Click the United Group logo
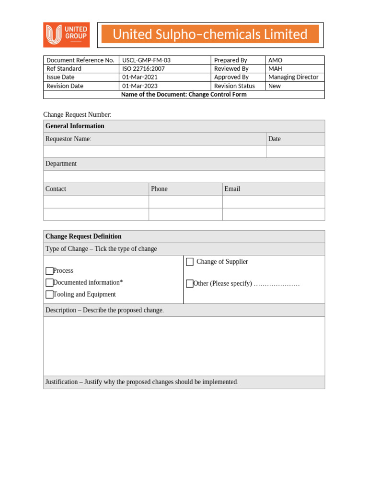pos(66,35)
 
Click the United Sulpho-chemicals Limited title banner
pos(210,34)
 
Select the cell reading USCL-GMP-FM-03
pos(146,60)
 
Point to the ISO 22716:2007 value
pos(143,69)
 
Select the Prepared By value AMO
pos(276,60)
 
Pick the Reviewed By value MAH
pos(276,69)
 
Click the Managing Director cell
pos(293,78)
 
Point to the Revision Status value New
pos(275,86)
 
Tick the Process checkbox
pos(49,271)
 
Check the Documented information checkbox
pos(49,283)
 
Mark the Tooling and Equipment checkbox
pos(49,295)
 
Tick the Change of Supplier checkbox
pos(190,262)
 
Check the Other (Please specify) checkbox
pos(190,284)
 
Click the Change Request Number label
pos(77,114)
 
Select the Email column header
pos(232,189)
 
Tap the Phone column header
pos(159,189)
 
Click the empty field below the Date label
pos(295,152)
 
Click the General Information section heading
pos(75,126)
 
